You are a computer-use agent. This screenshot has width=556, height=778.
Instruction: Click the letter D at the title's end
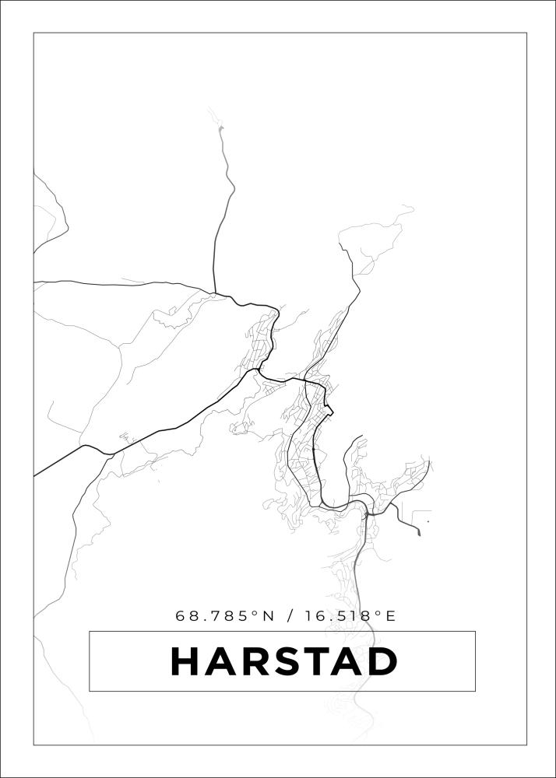click(382, 661)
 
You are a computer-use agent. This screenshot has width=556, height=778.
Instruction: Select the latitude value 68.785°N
click(225, 616)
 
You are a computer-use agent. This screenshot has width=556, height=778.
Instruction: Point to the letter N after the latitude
click(269, 616)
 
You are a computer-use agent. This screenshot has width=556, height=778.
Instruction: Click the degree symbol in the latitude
click(254, 613)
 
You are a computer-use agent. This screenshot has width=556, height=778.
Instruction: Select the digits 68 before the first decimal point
click(186, 616)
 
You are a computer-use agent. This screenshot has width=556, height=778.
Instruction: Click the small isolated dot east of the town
click(428, 521)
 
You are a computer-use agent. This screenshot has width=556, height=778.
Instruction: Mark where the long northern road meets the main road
click(215, 293)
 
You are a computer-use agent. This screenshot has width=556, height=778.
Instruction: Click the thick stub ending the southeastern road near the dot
click(418, 532)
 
